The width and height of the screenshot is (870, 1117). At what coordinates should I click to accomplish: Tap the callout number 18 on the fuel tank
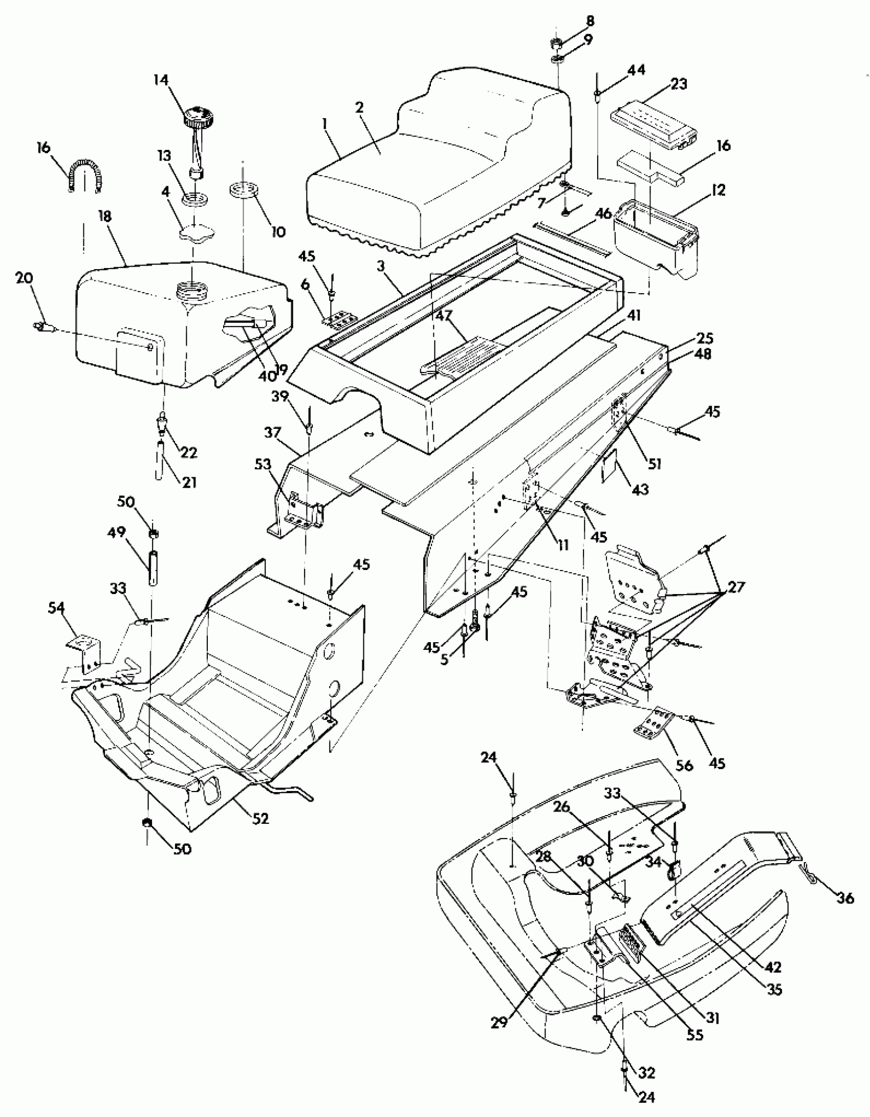tap(104, 216)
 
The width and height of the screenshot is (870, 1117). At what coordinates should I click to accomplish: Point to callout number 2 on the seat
tap(359, 107)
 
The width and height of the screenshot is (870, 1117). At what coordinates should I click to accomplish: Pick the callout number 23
tap(679, 83)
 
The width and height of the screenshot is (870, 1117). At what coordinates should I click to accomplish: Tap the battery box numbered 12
tap(655, 240)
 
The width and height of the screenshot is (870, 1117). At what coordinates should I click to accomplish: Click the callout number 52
tap(260, 819)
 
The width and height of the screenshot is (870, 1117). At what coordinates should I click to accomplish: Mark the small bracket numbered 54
tap(84, 649)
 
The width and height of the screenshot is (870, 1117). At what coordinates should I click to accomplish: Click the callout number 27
tap(736, 587)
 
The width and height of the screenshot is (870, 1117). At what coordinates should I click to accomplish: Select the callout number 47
tap(444, 316)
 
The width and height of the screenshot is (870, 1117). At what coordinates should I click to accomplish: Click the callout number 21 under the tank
tap(189, 482)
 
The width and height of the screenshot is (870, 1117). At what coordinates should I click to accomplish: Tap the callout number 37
tap(273, 433)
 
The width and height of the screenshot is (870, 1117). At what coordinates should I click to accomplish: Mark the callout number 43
tap(640, 489)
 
